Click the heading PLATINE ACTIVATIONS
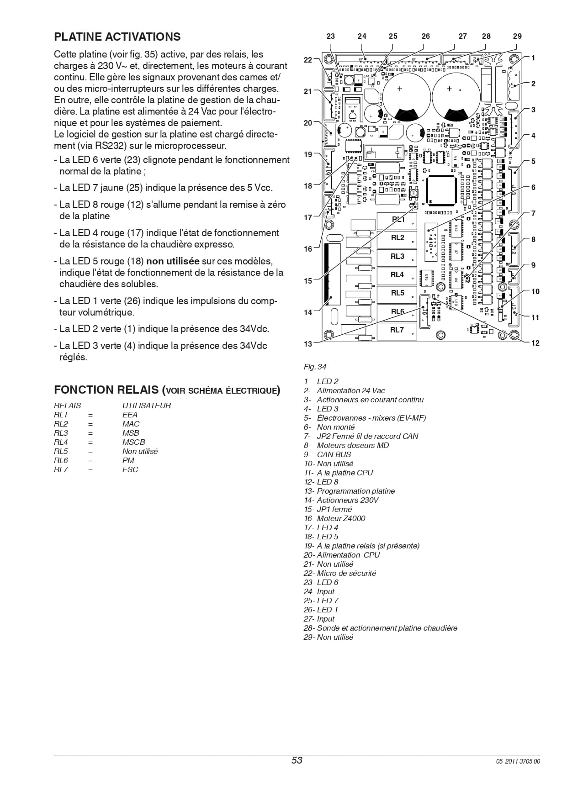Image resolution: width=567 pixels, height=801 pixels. (117, 37)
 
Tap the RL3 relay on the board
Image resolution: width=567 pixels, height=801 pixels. (397, 257)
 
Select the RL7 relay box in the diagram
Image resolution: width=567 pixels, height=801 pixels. (397, 330)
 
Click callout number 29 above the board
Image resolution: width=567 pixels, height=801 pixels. (517, 36)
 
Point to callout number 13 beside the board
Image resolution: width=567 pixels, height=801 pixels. (308, 344)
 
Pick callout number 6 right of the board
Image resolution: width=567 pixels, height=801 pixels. (533, 187)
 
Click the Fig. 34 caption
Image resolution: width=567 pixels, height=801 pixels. (315, 367)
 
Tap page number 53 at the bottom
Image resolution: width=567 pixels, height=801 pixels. (297, 760)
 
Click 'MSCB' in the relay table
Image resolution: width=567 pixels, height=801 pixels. (133, 442)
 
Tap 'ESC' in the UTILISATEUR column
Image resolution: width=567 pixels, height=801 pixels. (130, 469)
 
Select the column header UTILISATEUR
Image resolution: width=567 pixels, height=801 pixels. (146, 406)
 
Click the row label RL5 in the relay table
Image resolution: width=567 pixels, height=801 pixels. (61, 451)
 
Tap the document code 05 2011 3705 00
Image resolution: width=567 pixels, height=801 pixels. (518, 761)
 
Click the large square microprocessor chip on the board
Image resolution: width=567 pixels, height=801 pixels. (441, 190)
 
